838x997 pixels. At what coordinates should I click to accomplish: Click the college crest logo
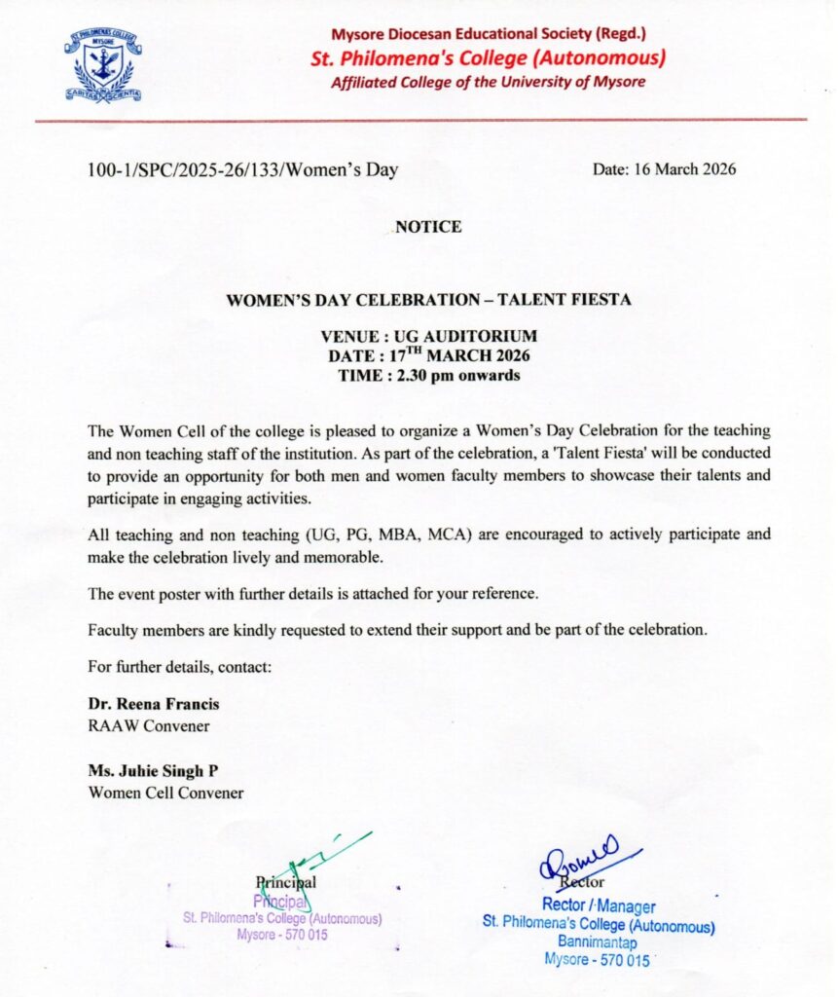(x=102, y=65)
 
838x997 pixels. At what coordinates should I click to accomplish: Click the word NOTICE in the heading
(x=428, y=227)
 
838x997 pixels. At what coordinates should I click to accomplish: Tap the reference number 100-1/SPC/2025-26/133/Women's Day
(x=242, y=170)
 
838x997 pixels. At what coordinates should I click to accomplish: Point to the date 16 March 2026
(x=665, y=169)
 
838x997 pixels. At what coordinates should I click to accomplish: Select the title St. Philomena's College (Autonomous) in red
(x=488, y=58)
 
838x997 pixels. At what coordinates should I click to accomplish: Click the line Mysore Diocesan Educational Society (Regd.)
(x=489, y=35)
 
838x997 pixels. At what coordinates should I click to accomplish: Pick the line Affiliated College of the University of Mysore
(x=488, y=82)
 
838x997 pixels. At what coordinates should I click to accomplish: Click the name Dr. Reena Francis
(x=154, y=705)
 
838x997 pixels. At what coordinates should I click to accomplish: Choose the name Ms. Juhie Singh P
(x=153, y=772)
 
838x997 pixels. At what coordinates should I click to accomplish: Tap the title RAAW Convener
(x=149, y=725)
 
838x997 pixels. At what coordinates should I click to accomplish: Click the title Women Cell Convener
(x=165, y=793)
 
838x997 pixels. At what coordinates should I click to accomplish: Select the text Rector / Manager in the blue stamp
(x=598, y=906)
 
